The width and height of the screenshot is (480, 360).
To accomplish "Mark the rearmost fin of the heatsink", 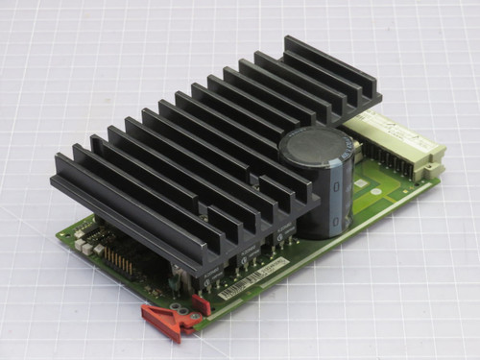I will pos(331,67).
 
